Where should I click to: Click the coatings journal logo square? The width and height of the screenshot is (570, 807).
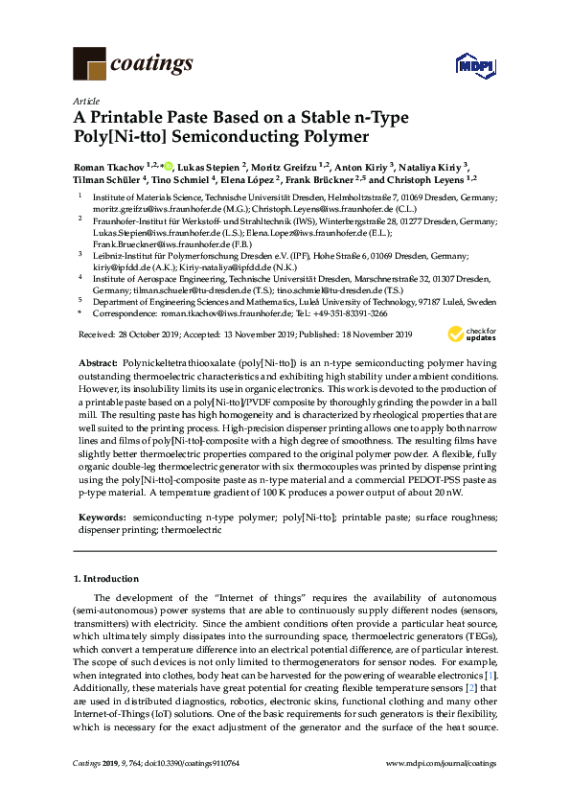[88, 63]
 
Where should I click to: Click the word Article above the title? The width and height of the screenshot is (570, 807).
[84, 101]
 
